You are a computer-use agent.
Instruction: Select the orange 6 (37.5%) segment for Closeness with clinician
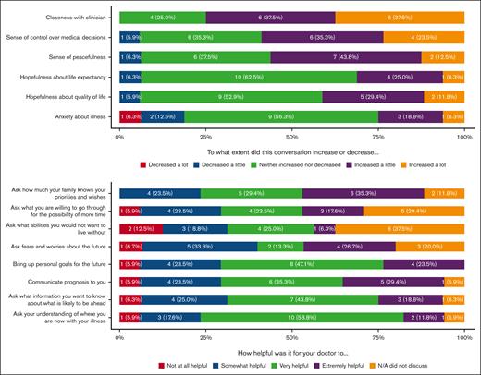tap(400, 18)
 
